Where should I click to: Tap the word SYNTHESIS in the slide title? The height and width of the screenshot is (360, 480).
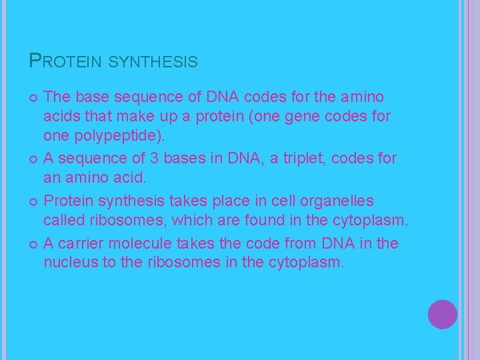pyautogui.click(x=153, y=63)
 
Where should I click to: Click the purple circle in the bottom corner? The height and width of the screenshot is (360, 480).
pyautogui.click(x=443, y=315)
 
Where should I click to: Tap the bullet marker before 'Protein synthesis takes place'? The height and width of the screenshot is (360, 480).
pyautogui.click(x=34, y=201)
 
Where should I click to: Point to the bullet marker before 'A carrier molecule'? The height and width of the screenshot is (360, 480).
pyautogui.click(x=34, y=244)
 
